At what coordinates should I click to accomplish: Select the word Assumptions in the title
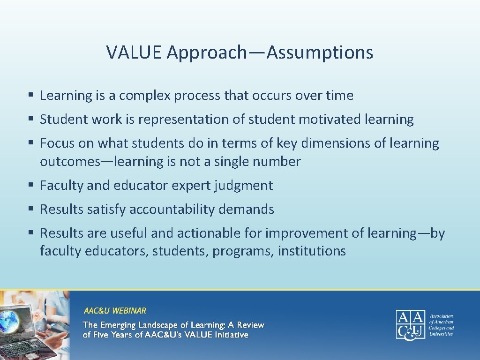[320, 52]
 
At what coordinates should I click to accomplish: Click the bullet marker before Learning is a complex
[30, 96]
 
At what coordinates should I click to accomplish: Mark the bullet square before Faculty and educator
[30, 186]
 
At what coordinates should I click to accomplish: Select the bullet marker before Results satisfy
[30, 210]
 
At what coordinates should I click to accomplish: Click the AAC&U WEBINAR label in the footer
[115, 310]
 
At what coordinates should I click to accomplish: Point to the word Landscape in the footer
[159, 325]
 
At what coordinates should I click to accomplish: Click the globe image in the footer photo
[10, 321]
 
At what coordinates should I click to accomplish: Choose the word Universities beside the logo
[442, 334]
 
